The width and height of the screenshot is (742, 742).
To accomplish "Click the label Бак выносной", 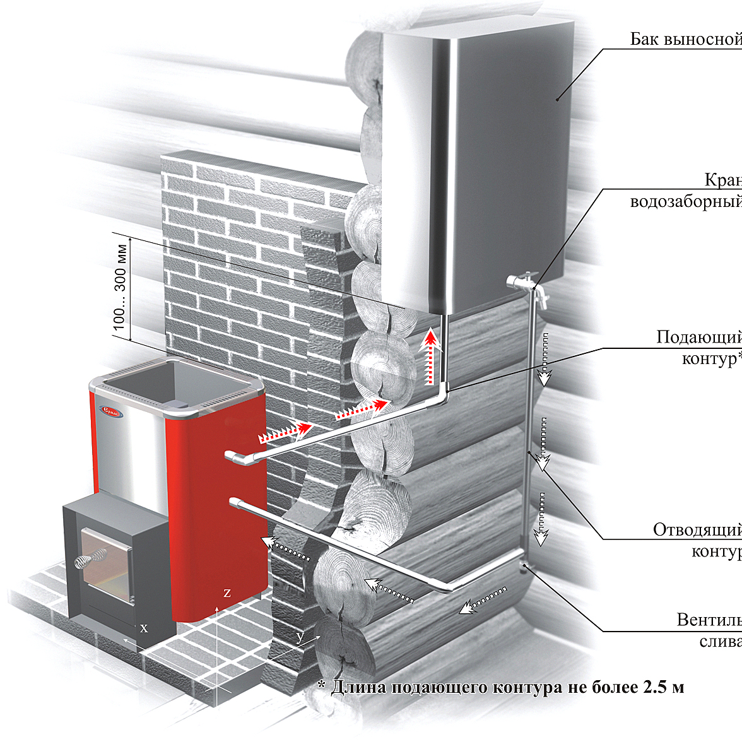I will [685, 39].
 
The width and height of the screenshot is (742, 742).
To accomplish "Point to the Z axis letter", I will [227, 593].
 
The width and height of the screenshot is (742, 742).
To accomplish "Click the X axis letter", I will [144, 628].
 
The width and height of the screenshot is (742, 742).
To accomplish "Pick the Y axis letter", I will [300, 637].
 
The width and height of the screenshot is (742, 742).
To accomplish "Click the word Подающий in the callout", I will [698, 338].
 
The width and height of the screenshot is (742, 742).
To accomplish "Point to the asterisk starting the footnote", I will [321, 685].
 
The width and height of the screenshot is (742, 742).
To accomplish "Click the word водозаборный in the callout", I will [685, 202].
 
